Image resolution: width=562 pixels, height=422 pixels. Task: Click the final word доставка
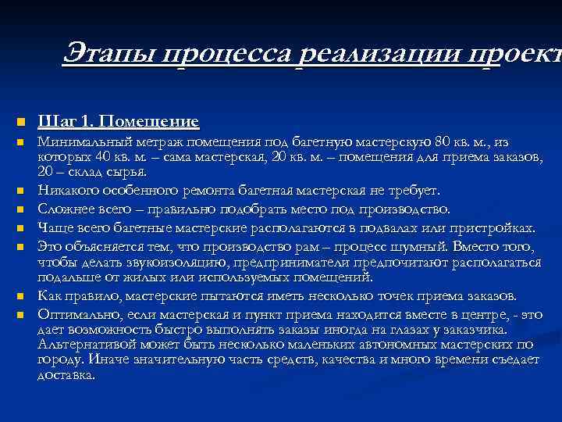coord(66,374)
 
